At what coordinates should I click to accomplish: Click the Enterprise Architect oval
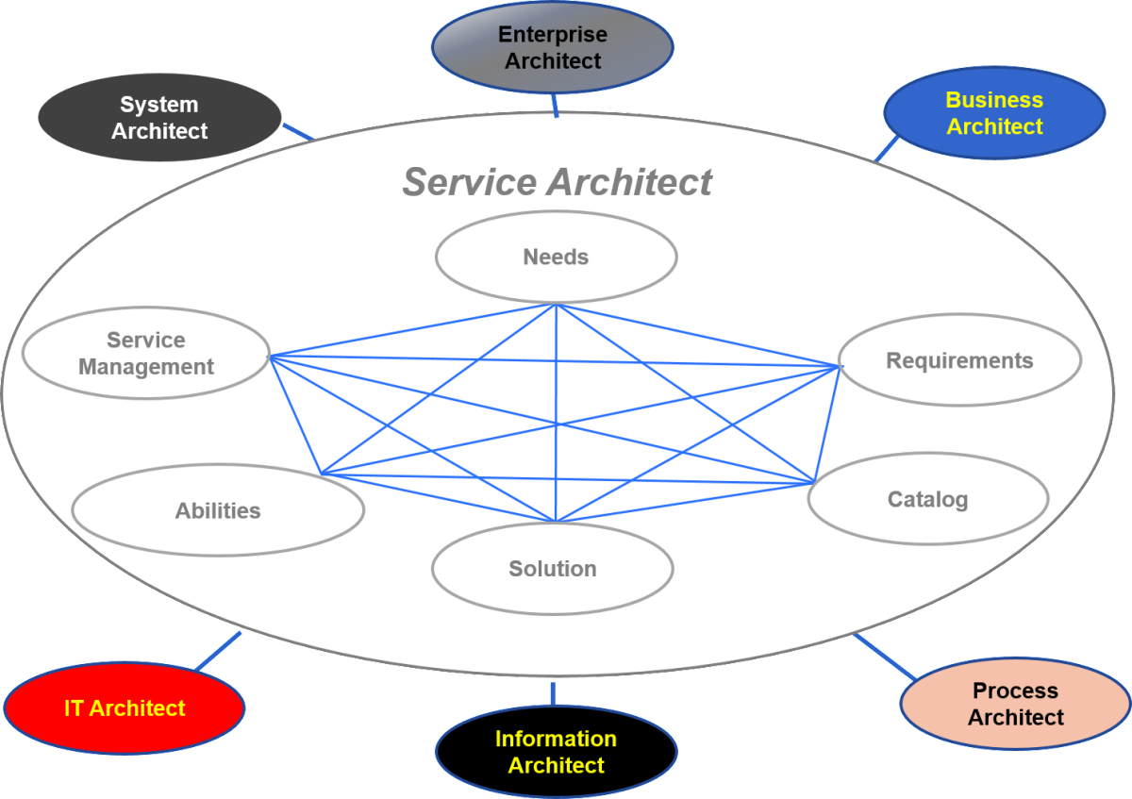pyautogui.click(x=552, y=47)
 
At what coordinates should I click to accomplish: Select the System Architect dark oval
pyautogui.click(x=158, y=118)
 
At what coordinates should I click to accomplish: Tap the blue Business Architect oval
pyautogui.click(x=994, y=113)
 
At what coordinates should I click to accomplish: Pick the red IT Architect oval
pyautogui.click(x=125, y=708)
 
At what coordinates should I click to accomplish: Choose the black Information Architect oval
pyautogui.click(x=556, y=751)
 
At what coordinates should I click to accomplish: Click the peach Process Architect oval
pyautogui.click(x=1015, y=704)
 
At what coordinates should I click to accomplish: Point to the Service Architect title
pyautogui.click(x=557, y=182)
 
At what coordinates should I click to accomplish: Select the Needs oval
pyautogui.click(x=556, y=257)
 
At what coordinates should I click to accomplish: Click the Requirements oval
pyautogui.click(x=959, y=360)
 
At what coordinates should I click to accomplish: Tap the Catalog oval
pyautogui.click(x=927, y=499)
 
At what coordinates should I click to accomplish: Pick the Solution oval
pyautogui.click(x=553, y=569)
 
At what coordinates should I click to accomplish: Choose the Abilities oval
pyautogui.click(x=218, y=510)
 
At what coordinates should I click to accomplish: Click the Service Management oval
pyautogui.click(x=146, y=354)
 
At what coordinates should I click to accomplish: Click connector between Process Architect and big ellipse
pyautogui.click(x=884, y=657)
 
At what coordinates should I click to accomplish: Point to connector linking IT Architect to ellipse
pyautogui.click(x=219, y=650)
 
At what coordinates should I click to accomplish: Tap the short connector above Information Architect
pyautogui.click(x=553, y=693)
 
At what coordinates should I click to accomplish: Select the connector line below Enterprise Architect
pyautogui.click(x=555, y=104)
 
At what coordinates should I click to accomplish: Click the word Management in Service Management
pyautogui.click(x=146, y=367)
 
